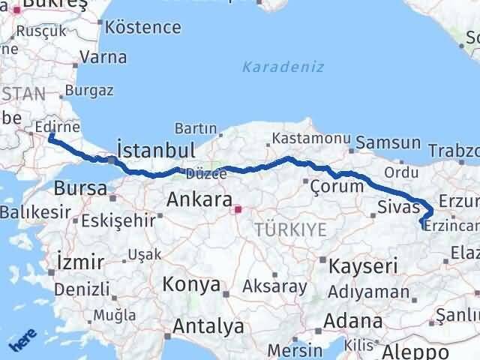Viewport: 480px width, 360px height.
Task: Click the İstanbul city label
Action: tap(157, 148)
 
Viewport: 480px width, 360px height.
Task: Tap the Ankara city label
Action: tap(198, 199)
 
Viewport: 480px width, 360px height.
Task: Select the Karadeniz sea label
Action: tap(283, 67)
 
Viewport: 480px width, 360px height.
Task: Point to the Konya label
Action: tap(193, 285)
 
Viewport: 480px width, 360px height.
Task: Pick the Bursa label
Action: tap(80, 188)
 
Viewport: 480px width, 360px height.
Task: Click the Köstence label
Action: tap(143, 28)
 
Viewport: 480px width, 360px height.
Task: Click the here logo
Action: tap(23, 342)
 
